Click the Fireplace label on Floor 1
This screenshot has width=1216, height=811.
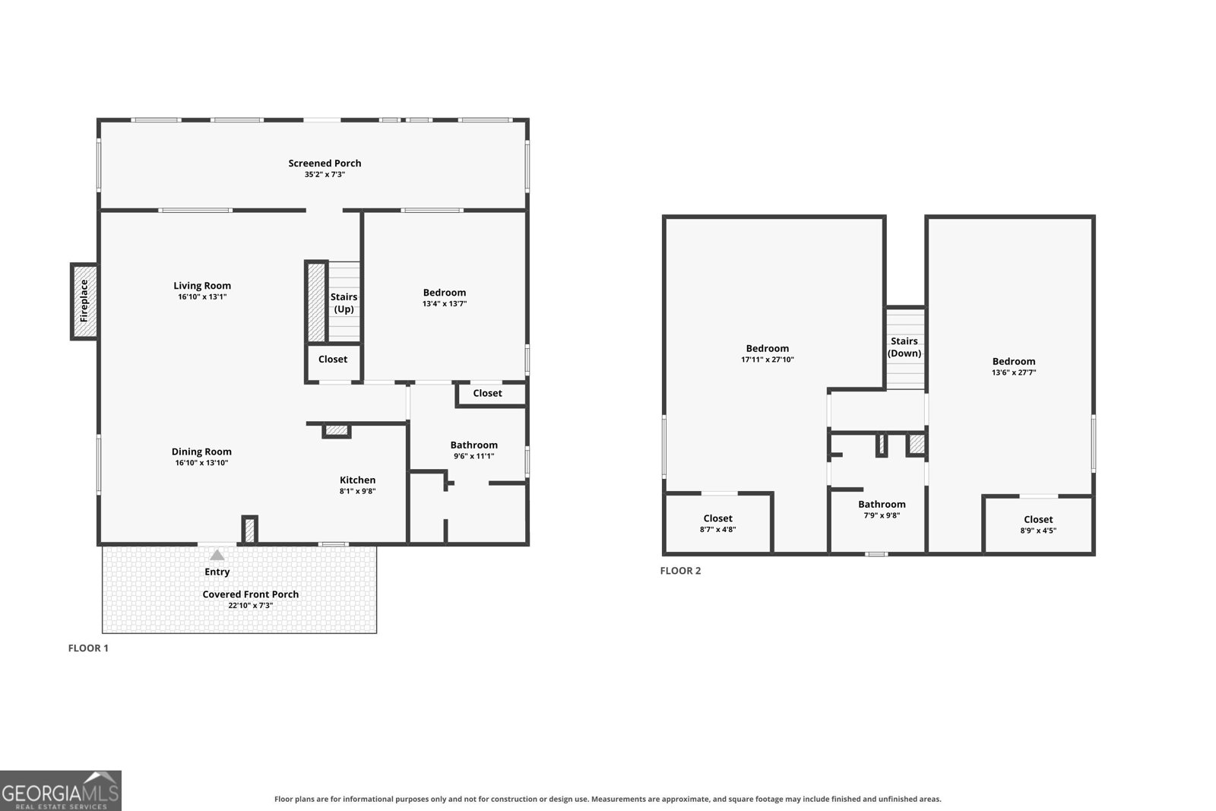[x=84, y=301]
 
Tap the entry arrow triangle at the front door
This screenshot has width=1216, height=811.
[x=217, y=555]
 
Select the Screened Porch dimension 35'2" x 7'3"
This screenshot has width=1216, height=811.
[x=325, y=174]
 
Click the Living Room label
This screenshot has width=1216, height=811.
[x=202, y=286]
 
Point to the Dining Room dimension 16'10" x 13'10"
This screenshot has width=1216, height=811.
[x=201, y=462]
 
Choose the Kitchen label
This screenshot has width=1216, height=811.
[x=357, y=480]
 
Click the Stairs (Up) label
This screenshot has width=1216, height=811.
[x=344, y=303]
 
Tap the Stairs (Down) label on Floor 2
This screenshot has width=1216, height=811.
[x=904, y=347]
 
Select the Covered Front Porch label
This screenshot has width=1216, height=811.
[x=250, y=594]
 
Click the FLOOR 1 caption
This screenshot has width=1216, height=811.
[x=88, y=648]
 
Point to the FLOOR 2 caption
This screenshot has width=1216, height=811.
[x=680, y=571]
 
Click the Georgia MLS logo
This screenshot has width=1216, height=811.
[x=60, y=790]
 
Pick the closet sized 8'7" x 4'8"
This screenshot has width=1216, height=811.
[x=717, y=523]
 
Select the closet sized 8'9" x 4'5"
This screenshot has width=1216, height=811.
[x=1038, y=524]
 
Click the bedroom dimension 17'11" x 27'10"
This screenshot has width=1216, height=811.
[x=767, y=360]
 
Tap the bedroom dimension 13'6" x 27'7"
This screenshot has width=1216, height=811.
[x=1014, y=372]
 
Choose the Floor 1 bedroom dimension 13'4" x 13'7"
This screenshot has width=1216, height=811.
[x=444, y=303]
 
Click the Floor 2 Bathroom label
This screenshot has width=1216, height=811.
[x=882, y=504]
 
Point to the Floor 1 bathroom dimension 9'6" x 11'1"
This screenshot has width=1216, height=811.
[x=474, y=456]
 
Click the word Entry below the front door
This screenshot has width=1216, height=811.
[x=217, y=572]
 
